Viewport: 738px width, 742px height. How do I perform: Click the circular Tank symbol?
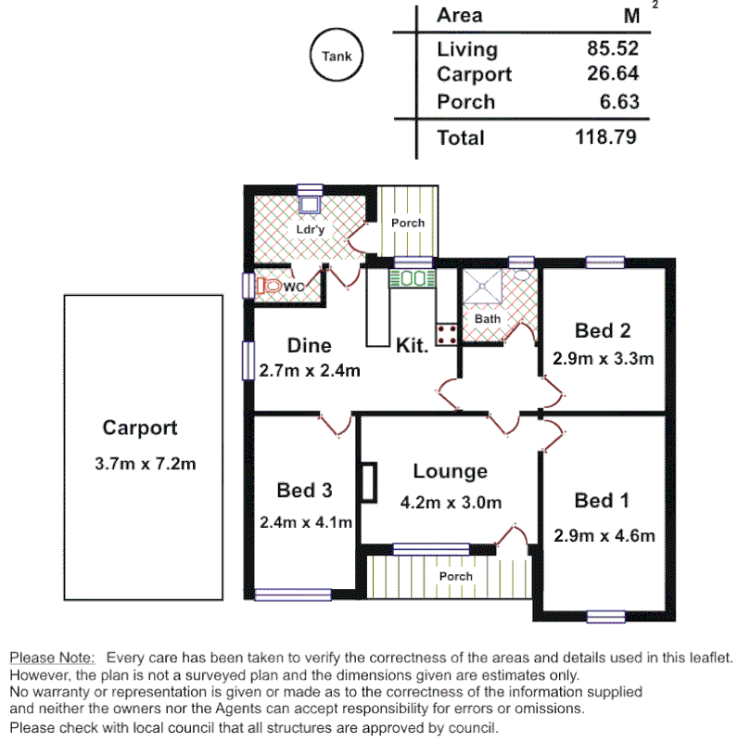(x=337, y=57)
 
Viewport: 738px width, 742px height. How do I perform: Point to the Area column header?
(x=459, y=15)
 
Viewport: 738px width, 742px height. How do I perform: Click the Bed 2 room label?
(x=603, y=331)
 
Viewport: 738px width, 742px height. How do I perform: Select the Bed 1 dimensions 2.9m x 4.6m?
(x=604, y=535)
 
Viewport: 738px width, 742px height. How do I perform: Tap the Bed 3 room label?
(x=304, y=491)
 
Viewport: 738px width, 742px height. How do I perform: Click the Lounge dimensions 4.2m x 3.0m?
(x=451, y=503)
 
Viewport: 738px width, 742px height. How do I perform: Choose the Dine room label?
(x=309, y=346)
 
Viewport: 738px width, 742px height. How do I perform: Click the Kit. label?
(x=412, y=346)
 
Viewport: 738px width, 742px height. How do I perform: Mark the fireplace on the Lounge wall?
(x=370, y=481)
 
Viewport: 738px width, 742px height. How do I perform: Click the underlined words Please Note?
(x=52, y=657)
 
